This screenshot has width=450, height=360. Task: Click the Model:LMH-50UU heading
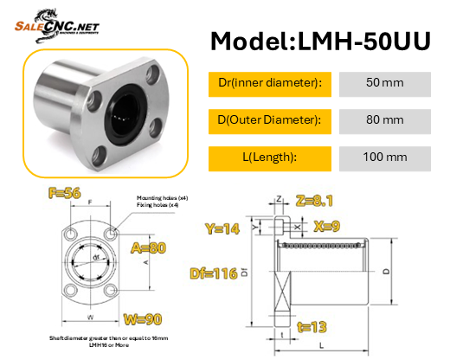point(320,42)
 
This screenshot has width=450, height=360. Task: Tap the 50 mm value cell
point(385,83)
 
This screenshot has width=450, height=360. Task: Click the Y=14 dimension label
point(223,229)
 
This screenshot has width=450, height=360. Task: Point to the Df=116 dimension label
point(214,273)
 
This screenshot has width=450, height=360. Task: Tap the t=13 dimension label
point(312,327)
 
